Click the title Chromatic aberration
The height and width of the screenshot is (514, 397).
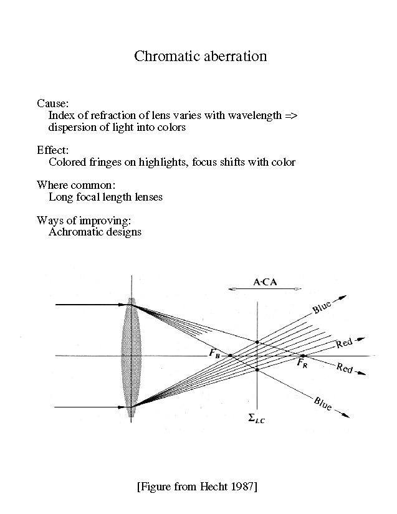coord(201,56)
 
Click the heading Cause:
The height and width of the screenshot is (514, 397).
coord(52,103)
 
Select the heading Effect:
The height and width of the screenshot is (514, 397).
coord(53,150)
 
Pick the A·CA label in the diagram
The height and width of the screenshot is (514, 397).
coord(265,282)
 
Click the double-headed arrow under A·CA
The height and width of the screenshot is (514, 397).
coord(265,289)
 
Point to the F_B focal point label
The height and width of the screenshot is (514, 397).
coord(214,355)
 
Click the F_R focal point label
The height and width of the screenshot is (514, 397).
coord(301,362)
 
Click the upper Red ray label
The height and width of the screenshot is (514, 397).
coord(344,342)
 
